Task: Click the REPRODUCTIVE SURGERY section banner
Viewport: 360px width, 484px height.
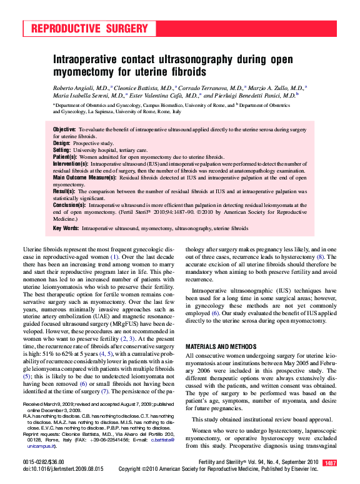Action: point(89,29)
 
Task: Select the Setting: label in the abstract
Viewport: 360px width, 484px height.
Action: point(62,151)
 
